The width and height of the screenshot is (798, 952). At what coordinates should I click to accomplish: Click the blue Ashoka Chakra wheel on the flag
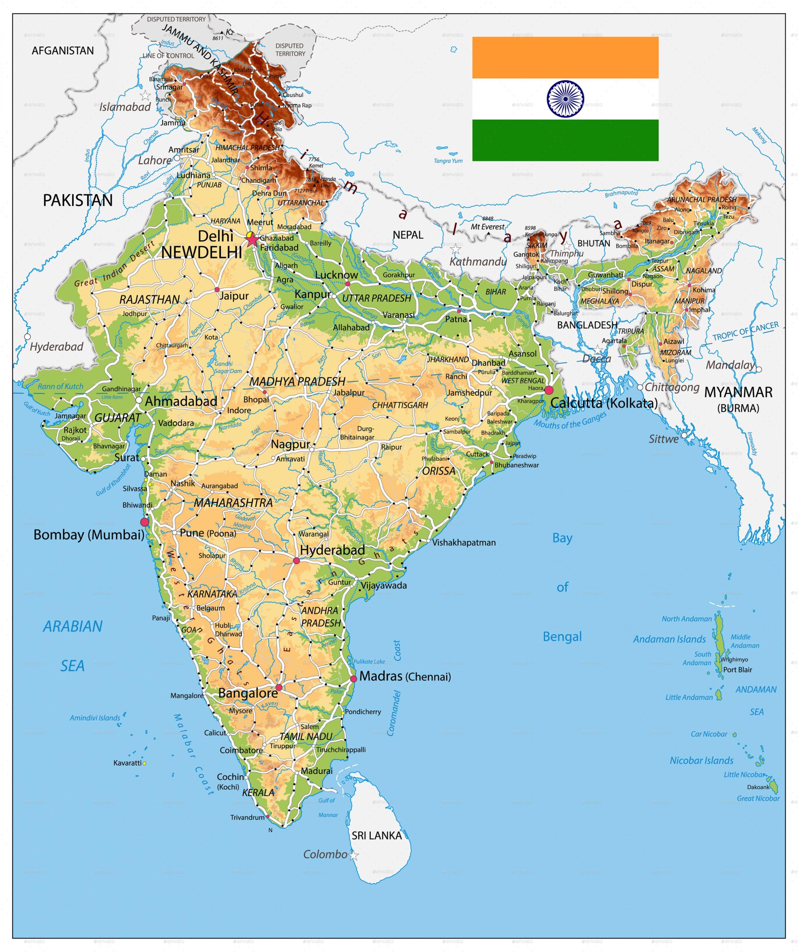pos(565,99)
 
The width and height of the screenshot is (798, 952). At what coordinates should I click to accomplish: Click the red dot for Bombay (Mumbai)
pos(145,522)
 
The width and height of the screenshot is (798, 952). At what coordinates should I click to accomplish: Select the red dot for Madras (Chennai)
pos(354,679)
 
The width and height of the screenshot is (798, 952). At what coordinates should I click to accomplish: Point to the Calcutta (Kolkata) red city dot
pos(548,390)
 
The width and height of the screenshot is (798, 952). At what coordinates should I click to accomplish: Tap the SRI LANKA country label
pos(376,836)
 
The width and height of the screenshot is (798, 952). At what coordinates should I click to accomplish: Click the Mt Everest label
pos(488,227)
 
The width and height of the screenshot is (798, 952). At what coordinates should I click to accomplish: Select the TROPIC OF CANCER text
pos(746,331)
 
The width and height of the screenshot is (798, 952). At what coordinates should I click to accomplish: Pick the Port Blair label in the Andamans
pos(737,670)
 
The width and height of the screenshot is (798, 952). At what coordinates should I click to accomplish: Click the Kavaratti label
pos(128,763)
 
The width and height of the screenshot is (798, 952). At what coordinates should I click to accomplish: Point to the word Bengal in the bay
pos(562,637)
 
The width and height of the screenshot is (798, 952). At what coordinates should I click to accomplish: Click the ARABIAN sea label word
pos(73,627)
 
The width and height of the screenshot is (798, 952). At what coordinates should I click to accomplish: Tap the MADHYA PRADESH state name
pos(297,381)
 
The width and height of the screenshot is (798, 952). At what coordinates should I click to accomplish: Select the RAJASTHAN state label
pos(149,299)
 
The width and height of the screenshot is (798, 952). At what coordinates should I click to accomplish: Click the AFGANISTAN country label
pos(62,50)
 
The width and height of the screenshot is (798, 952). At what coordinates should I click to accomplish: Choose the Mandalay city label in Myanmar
pos(730,364)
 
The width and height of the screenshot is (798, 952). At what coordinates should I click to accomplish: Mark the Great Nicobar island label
pos(758,798)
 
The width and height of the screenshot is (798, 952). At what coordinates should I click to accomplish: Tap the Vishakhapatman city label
pos(463,543)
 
